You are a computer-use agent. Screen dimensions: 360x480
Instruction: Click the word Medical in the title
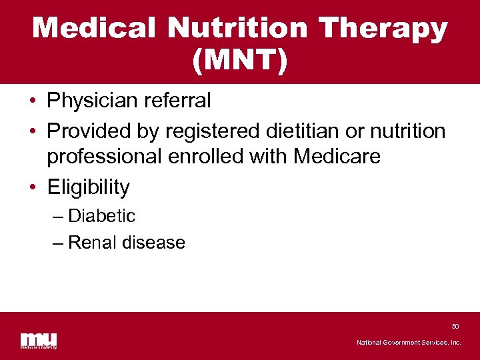(x=94, y=29)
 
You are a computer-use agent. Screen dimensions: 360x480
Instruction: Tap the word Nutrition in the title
(x=237, y=29)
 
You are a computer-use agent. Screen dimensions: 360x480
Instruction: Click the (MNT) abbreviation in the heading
(x=240, y=61)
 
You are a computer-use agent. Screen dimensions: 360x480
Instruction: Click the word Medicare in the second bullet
(x=337, y=157)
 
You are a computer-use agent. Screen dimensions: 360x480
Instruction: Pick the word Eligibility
(x=88, y=187)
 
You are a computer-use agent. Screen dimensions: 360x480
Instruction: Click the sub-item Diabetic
(x=101, y=216)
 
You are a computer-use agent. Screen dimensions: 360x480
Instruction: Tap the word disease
(x=153, y=243)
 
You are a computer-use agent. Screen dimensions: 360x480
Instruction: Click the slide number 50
(x=455, y=327)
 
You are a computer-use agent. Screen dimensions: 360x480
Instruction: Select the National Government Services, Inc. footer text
(x=408, y=343)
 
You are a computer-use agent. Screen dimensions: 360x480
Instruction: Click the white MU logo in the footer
(x=39, y=339)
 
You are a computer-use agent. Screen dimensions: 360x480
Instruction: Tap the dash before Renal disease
(x=59, y=243)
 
